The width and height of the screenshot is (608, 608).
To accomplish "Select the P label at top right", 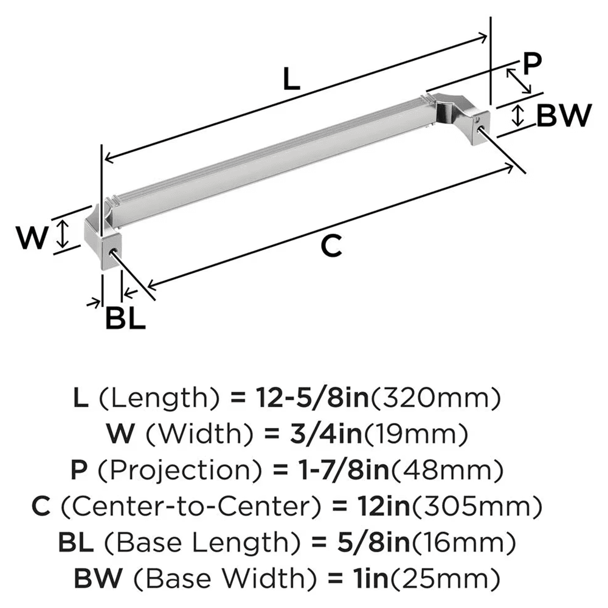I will (531, 64).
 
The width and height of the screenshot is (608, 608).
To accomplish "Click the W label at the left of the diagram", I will (31, 238).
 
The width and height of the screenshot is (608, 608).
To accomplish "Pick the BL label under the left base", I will (126, 318).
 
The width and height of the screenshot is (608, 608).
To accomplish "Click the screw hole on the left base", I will (112, 250).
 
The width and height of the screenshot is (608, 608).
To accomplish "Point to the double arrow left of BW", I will (517, 116).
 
